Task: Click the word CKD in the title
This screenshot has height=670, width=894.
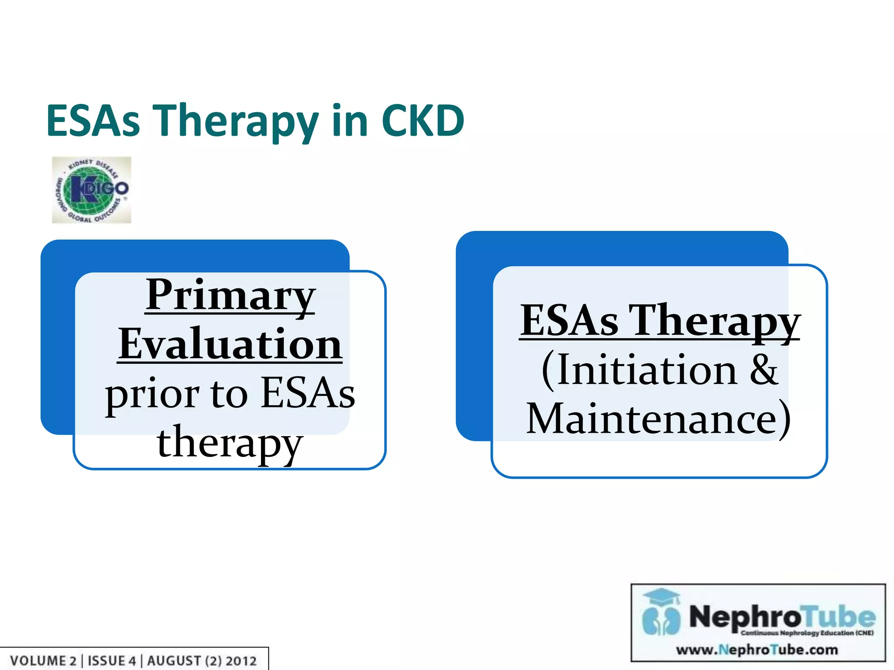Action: [423, 121]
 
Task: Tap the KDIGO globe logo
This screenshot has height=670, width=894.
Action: [91, 190]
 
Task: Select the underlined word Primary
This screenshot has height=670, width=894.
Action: [230, 295]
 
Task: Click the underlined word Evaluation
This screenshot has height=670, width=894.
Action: [230, 345]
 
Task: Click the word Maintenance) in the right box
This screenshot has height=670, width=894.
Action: [658, 419]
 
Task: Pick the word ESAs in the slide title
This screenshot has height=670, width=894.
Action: [93, 121]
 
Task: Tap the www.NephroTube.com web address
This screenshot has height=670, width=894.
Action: [757, 650]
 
